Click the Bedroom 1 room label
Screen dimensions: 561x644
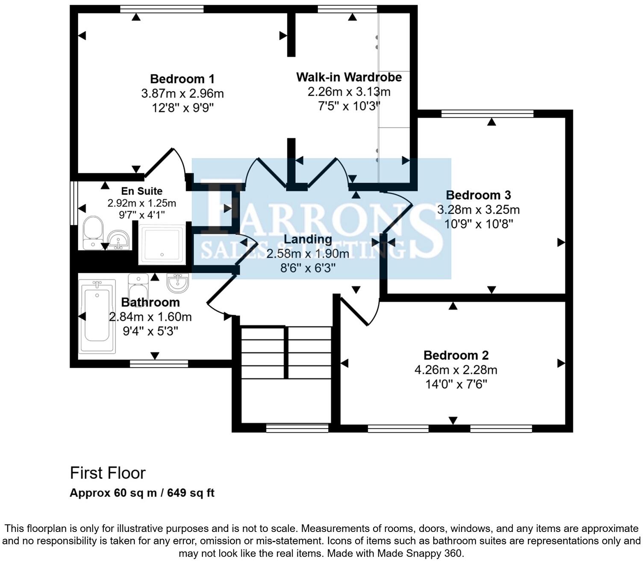pyautogui.click(x=182, y=79)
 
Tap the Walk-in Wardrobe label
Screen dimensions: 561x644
pyautogui.click(x=349, y=77)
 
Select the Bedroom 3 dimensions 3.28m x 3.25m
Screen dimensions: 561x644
pyautogui.click(x=478, y=210)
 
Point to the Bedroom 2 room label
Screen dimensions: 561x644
pyautogui.click(x=456, y=355)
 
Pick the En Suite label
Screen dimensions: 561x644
pyautogui.click(x=141, y=191)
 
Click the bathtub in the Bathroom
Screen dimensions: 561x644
pyautogui.click(x=97, y=316)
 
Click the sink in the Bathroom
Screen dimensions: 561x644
pyautogui.click(x=177, y=283)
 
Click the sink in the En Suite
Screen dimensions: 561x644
pyautogui.click(x=118, y=239)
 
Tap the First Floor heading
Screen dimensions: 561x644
pyautogui.click(x=108, y=473)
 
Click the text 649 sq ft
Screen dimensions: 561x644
pyautogui.click(x=191, y=493)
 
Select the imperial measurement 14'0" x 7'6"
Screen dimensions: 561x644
pyautogui.click(x=456, y=384)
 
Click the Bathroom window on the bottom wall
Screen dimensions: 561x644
pyautogui.click(x=159, y=364)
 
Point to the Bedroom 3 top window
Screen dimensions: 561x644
pyautogui.click(x=487, y=113)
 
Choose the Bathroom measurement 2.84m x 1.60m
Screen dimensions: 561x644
pyautogui.click(x=150, y=317)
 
